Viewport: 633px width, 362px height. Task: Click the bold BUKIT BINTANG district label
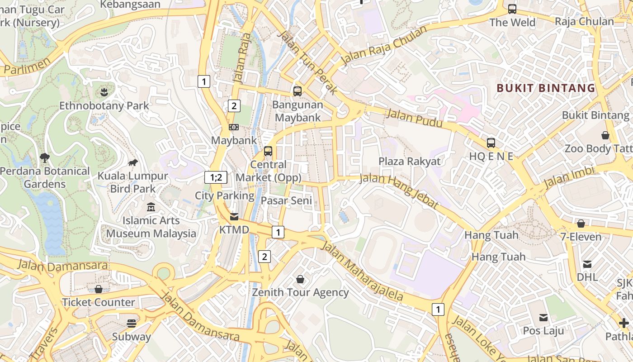click(546, 88)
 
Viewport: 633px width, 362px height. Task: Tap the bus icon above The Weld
click(512, 9)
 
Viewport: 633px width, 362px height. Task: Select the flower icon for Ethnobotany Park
click(104, 92)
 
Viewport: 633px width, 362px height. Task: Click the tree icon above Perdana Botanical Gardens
click(44, 158)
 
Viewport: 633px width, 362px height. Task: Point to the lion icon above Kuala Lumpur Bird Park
click(132, 162)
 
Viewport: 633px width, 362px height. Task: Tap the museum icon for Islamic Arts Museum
click(151, 207)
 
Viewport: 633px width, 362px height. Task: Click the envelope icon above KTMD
click(234, 216)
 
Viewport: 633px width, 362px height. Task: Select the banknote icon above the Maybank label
click(234, 127)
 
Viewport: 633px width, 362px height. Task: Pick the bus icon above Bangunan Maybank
click(298, 91)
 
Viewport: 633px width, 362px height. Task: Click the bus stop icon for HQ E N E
click(491, 143)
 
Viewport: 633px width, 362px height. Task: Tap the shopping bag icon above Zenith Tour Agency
click(300, 279)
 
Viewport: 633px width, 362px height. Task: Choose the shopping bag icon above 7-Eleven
click(581, 224)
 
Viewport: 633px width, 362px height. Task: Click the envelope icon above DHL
click(587, 264)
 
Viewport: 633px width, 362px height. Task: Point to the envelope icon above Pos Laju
click(543, 318)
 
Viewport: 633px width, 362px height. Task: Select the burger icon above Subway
click(132, 324)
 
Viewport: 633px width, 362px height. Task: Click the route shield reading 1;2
click(216, 177)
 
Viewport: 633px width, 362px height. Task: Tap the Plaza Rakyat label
click(409, 162)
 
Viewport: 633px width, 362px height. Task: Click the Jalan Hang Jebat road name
click(399, 191)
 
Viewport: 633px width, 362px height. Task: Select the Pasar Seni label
click(287, 200)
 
